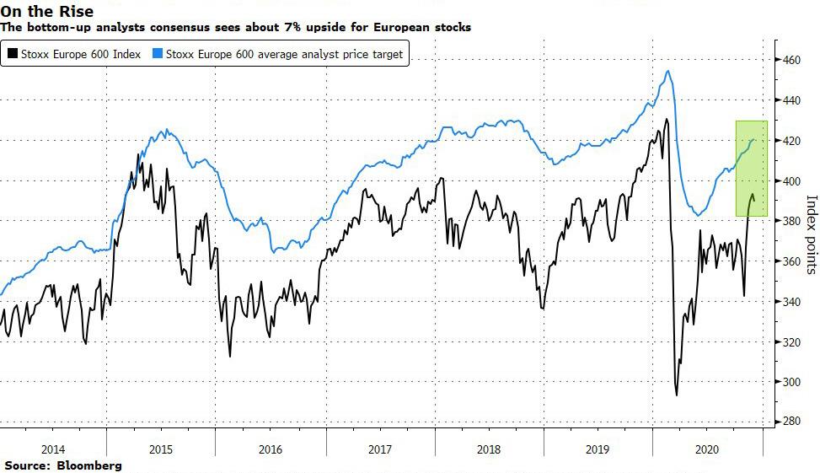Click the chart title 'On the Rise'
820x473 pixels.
47,11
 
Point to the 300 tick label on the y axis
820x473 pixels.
789,381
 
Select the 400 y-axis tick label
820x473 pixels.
789,180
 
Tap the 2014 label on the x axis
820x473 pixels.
53,449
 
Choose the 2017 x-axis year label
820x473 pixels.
380,449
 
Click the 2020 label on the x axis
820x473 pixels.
707,449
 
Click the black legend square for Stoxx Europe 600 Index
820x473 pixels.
12,55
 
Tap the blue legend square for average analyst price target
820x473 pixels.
158,55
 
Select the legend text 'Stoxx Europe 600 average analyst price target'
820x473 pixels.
285,55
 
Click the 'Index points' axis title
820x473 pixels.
812,234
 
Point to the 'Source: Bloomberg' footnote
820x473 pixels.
62,465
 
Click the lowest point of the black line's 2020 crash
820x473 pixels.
676,395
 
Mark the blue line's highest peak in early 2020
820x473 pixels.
667,71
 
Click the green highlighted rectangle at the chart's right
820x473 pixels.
751,169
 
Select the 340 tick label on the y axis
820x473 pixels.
789,301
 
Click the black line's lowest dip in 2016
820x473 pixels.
230,355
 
